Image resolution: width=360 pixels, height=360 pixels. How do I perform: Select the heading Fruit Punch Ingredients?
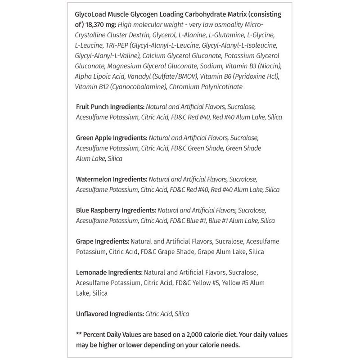point(110,107)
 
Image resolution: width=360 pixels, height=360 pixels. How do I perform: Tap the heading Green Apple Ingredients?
point(111,137)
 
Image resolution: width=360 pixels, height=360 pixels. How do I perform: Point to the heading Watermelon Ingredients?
point(111,179)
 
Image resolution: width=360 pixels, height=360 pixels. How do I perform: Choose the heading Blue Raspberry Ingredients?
point(116,210)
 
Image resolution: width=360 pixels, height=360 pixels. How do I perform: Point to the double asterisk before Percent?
point(79,335)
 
